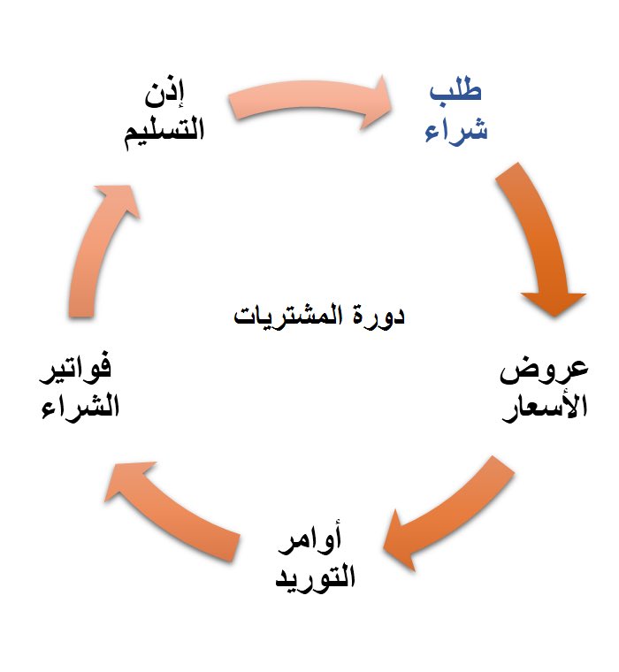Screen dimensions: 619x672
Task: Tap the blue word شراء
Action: [456, 132]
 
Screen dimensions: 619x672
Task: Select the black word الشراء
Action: [80, 409]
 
